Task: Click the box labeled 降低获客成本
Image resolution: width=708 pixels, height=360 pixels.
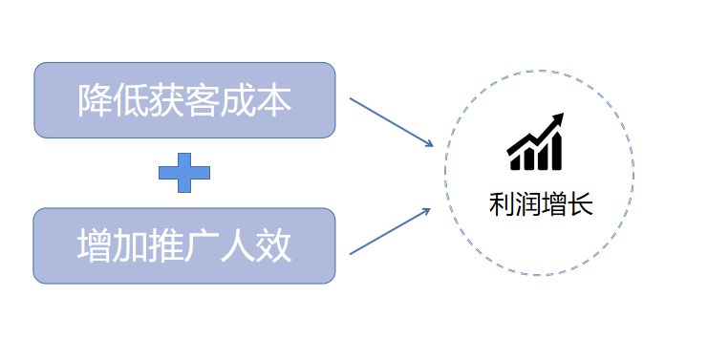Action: [x=184, y=100]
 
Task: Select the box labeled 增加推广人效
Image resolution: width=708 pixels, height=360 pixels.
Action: [x=184, y=245]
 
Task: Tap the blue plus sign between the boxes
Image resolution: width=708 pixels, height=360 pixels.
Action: [x=184, y=173]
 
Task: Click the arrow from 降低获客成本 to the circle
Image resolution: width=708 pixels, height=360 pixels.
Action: [x=392, y=122]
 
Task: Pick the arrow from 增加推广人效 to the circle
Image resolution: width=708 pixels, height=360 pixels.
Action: [x=392, y=230]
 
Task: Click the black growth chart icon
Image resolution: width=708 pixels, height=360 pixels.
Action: [x=536, y=141]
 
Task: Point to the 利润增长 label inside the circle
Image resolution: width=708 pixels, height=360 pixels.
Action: [x=541, y=203]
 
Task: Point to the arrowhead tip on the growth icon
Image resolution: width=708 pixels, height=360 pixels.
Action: [x=561, y=116]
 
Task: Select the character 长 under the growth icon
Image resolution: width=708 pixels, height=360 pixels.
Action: [x=581, y=203]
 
